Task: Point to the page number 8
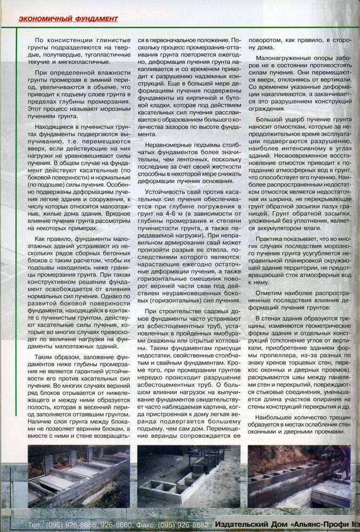12,512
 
